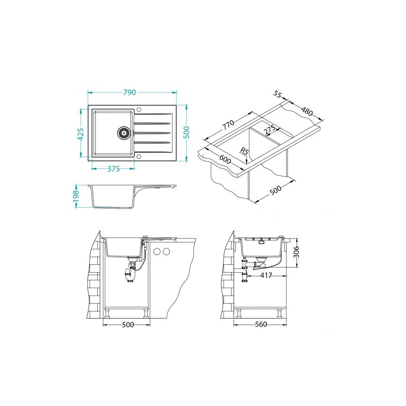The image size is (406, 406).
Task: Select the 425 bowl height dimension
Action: pos(80,135)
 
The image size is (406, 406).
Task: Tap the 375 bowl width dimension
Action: pos(113,169)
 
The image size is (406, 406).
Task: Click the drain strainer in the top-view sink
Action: pos(123,132)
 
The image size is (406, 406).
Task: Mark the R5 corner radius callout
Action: pos(243,151)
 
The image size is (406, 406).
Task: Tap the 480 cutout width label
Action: pos(307,112)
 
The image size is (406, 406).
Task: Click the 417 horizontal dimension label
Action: pos(267,276)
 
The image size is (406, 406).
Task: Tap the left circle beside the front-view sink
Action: pos(157,252)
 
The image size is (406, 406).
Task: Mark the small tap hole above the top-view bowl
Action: pos(138,110)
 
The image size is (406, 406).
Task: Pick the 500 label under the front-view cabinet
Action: pos(126,325)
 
